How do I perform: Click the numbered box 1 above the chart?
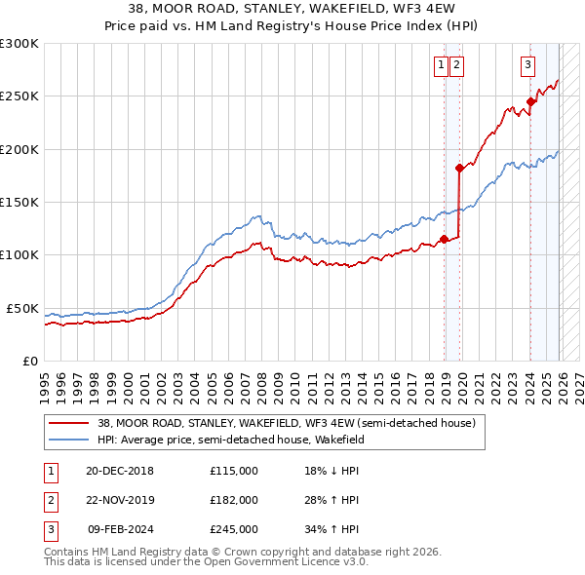click(x=442, y=65)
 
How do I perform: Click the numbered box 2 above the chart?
click(x=456, y=65)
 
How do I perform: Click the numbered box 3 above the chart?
click(x=527, y=65)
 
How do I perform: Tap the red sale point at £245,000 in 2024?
click(x=530, y=101)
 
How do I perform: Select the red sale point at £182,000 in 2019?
click(x=459, y=168)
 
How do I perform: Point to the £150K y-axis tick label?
click(x=19, y=202)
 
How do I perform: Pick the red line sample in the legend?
click(x=68, y=423)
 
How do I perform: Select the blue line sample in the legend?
click(x=68, y=440)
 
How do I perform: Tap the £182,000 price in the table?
click(x=234, y=500)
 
